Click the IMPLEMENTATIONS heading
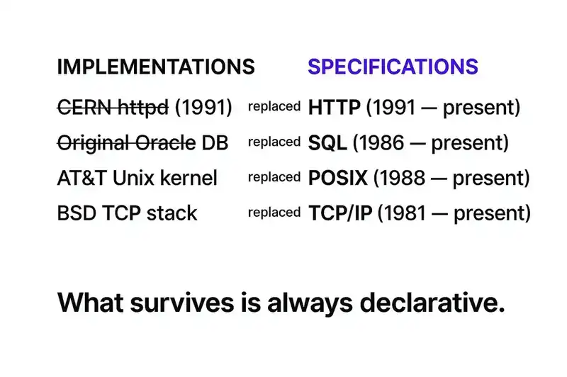(155, 67)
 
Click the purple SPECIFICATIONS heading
(393, 67)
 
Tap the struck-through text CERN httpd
(113, 108)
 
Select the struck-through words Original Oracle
(125, 142)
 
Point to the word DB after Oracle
(215, 142)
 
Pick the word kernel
(187, 177)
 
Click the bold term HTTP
(335, 108)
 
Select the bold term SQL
(327, 142)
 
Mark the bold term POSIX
(338, 177)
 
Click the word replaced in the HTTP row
(274, 107)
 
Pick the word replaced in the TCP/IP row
(274, 212)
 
